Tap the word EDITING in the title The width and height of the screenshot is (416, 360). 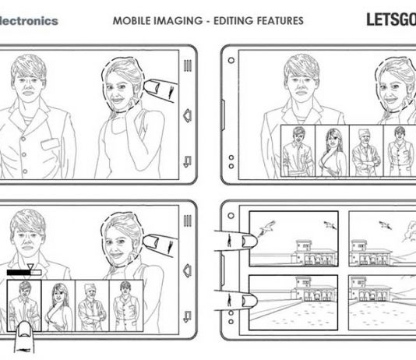point(233,21)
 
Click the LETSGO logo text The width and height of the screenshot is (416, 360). point(391,19)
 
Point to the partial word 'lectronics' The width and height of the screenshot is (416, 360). point(29,21)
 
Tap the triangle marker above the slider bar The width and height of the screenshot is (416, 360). point(30,266)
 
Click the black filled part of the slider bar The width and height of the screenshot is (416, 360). point(19,273)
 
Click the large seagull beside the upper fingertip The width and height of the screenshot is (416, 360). point(267,228)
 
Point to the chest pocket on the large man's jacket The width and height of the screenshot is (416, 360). point(50,144)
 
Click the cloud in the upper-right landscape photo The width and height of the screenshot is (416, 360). point(408,231)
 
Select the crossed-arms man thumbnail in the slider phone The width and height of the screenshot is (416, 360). point(92,305)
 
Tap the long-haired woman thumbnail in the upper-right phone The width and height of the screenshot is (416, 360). point(332,150)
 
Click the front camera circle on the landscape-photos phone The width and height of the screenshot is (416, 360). point(231,215)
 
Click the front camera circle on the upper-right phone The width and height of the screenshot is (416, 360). point(231,61)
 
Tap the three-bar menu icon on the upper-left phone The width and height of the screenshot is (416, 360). point(188,65)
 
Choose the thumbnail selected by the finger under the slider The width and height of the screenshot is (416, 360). point(24,305)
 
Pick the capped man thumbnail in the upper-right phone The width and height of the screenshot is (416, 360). point(366,150)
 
